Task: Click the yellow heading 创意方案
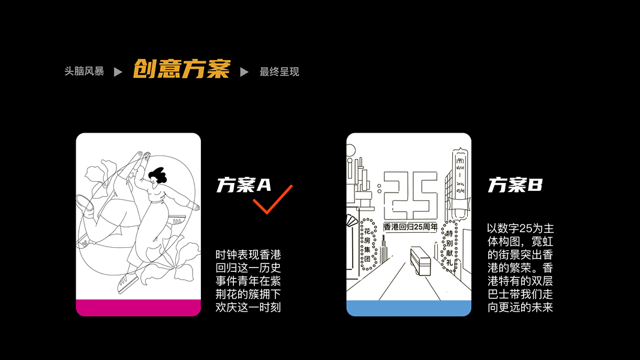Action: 181,70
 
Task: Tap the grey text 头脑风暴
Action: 84,71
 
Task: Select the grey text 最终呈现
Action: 279,72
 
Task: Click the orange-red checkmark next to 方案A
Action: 272,199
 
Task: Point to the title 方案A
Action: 244,185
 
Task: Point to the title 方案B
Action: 515,185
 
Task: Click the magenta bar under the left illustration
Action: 138,307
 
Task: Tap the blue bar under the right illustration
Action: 408,308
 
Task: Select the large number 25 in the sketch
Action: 410,193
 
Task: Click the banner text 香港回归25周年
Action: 410,227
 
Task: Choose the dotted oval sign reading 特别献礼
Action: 450,246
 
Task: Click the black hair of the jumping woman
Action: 158,175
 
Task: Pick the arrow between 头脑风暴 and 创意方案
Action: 118,72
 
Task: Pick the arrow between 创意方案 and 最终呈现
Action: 244,72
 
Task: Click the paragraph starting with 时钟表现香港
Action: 248,281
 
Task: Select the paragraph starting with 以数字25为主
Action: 519,268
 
